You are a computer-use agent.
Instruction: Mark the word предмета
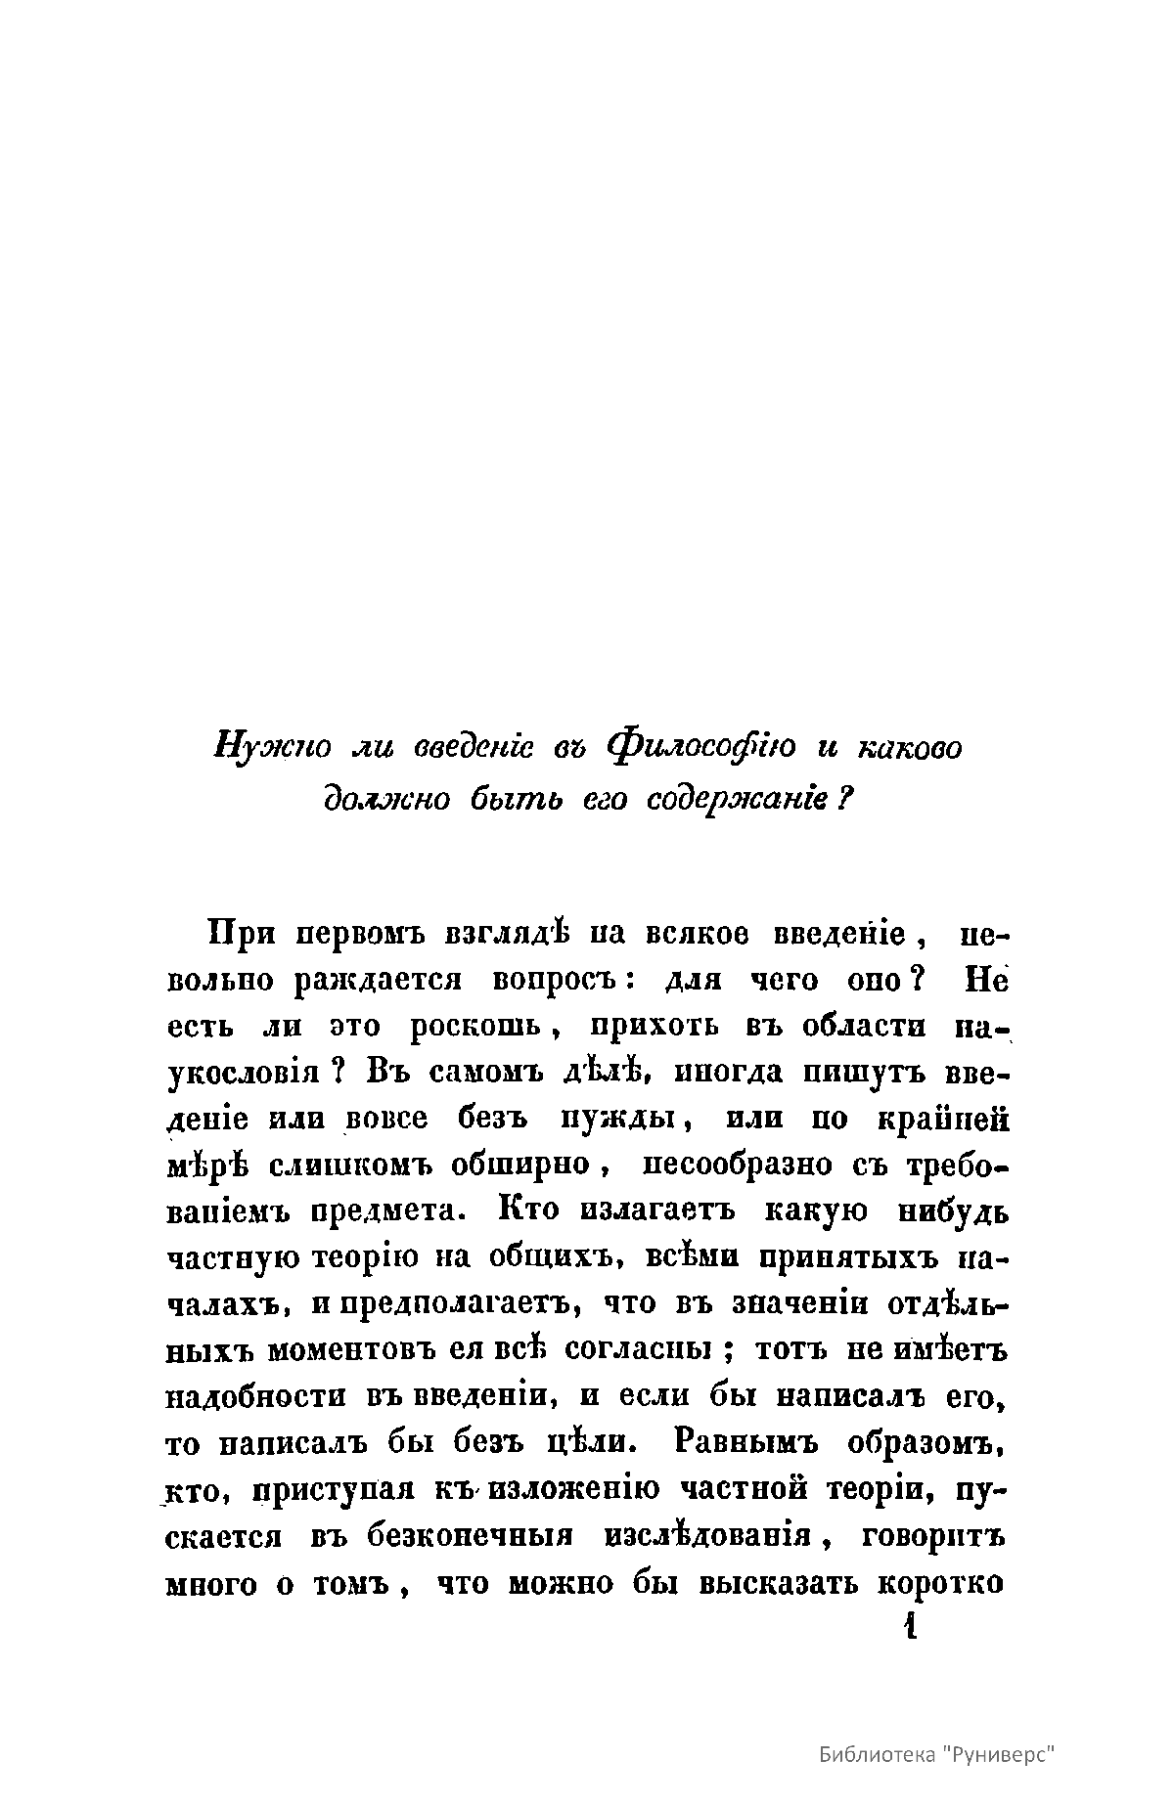(380, 1211)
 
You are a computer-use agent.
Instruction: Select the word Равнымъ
(748, 1443)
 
